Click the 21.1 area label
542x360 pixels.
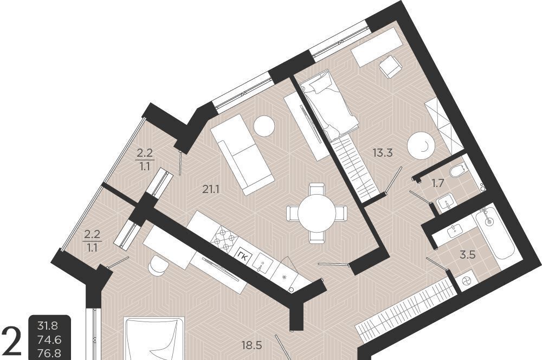[x=211, y=190]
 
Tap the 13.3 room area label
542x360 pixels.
[x=383, y=152]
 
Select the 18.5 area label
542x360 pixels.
[x=252, y=345]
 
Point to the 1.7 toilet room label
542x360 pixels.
[x=438, y=183]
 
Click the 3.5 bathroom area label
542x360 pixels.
[x=467, y=255]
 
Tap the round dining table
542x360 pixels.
[x=317, y=213]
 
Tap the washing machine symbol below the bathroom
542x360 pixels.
[x=465, y=281]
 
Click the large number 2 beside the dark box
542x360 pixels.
[x=12, y=342]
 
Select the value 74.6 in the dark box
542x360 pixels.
[x=50, y=340]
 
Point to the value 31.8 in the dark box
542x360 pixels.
[x=48, y=326]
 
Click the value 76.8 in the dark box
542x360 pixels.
[x=50, y=353]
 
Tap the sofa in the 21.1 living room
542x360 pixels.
[x=242, y=154]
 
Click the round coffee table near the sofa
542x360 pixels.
[x=264, y=126]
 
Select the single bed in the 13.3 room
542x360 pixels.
[x=329, y=106]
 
